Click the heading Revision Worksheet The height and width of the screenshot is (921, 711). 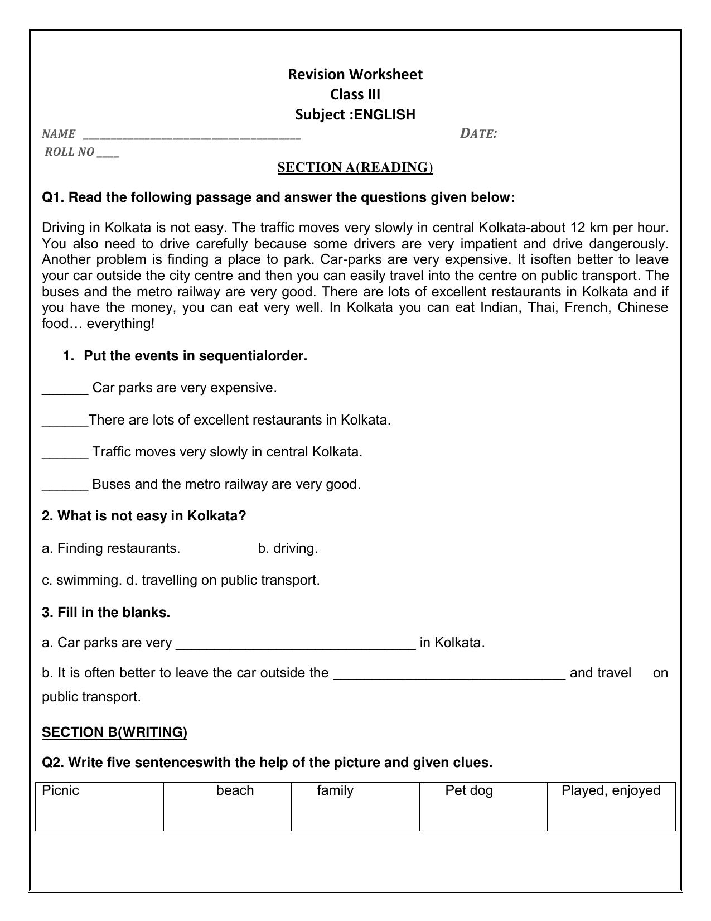(355, 74)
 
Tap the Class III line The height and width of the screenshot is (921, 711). (355, 94)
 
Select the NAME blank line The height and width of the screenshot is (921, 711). (192, 136)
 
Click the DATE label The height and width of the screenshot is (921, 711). (478, 133)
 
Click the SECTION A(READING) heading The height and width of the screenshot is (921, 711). (355, 167)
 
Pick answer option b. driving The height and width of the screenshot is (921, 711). (288, 548)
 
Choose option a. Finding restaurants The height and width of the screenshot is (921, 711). (111, 548)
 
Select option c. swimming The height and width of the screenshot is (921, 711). (81, 580)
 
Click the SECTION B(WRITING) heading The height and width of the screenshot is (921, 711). (114, 732)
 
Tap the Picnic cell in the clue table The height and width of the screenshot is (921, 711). (99, 806)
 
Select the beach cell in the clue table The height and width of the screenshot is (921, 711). (228, 806)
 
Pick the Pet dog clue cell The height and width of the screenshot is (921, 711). (483, 806)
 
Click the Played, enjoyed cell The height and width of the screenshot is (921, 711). (611, 806)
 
